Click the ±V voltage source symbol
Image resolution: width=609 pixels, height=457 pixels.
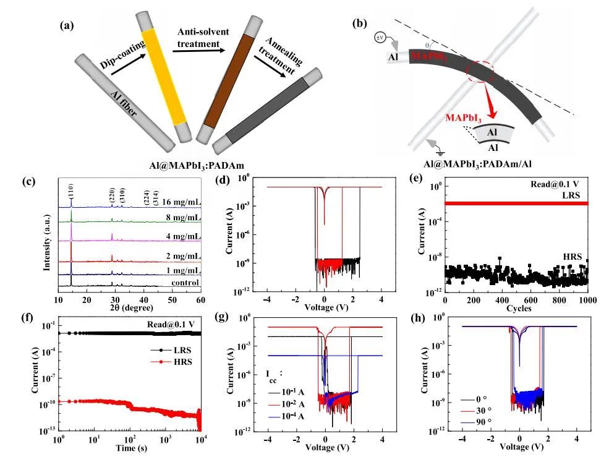pos(380,38)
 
